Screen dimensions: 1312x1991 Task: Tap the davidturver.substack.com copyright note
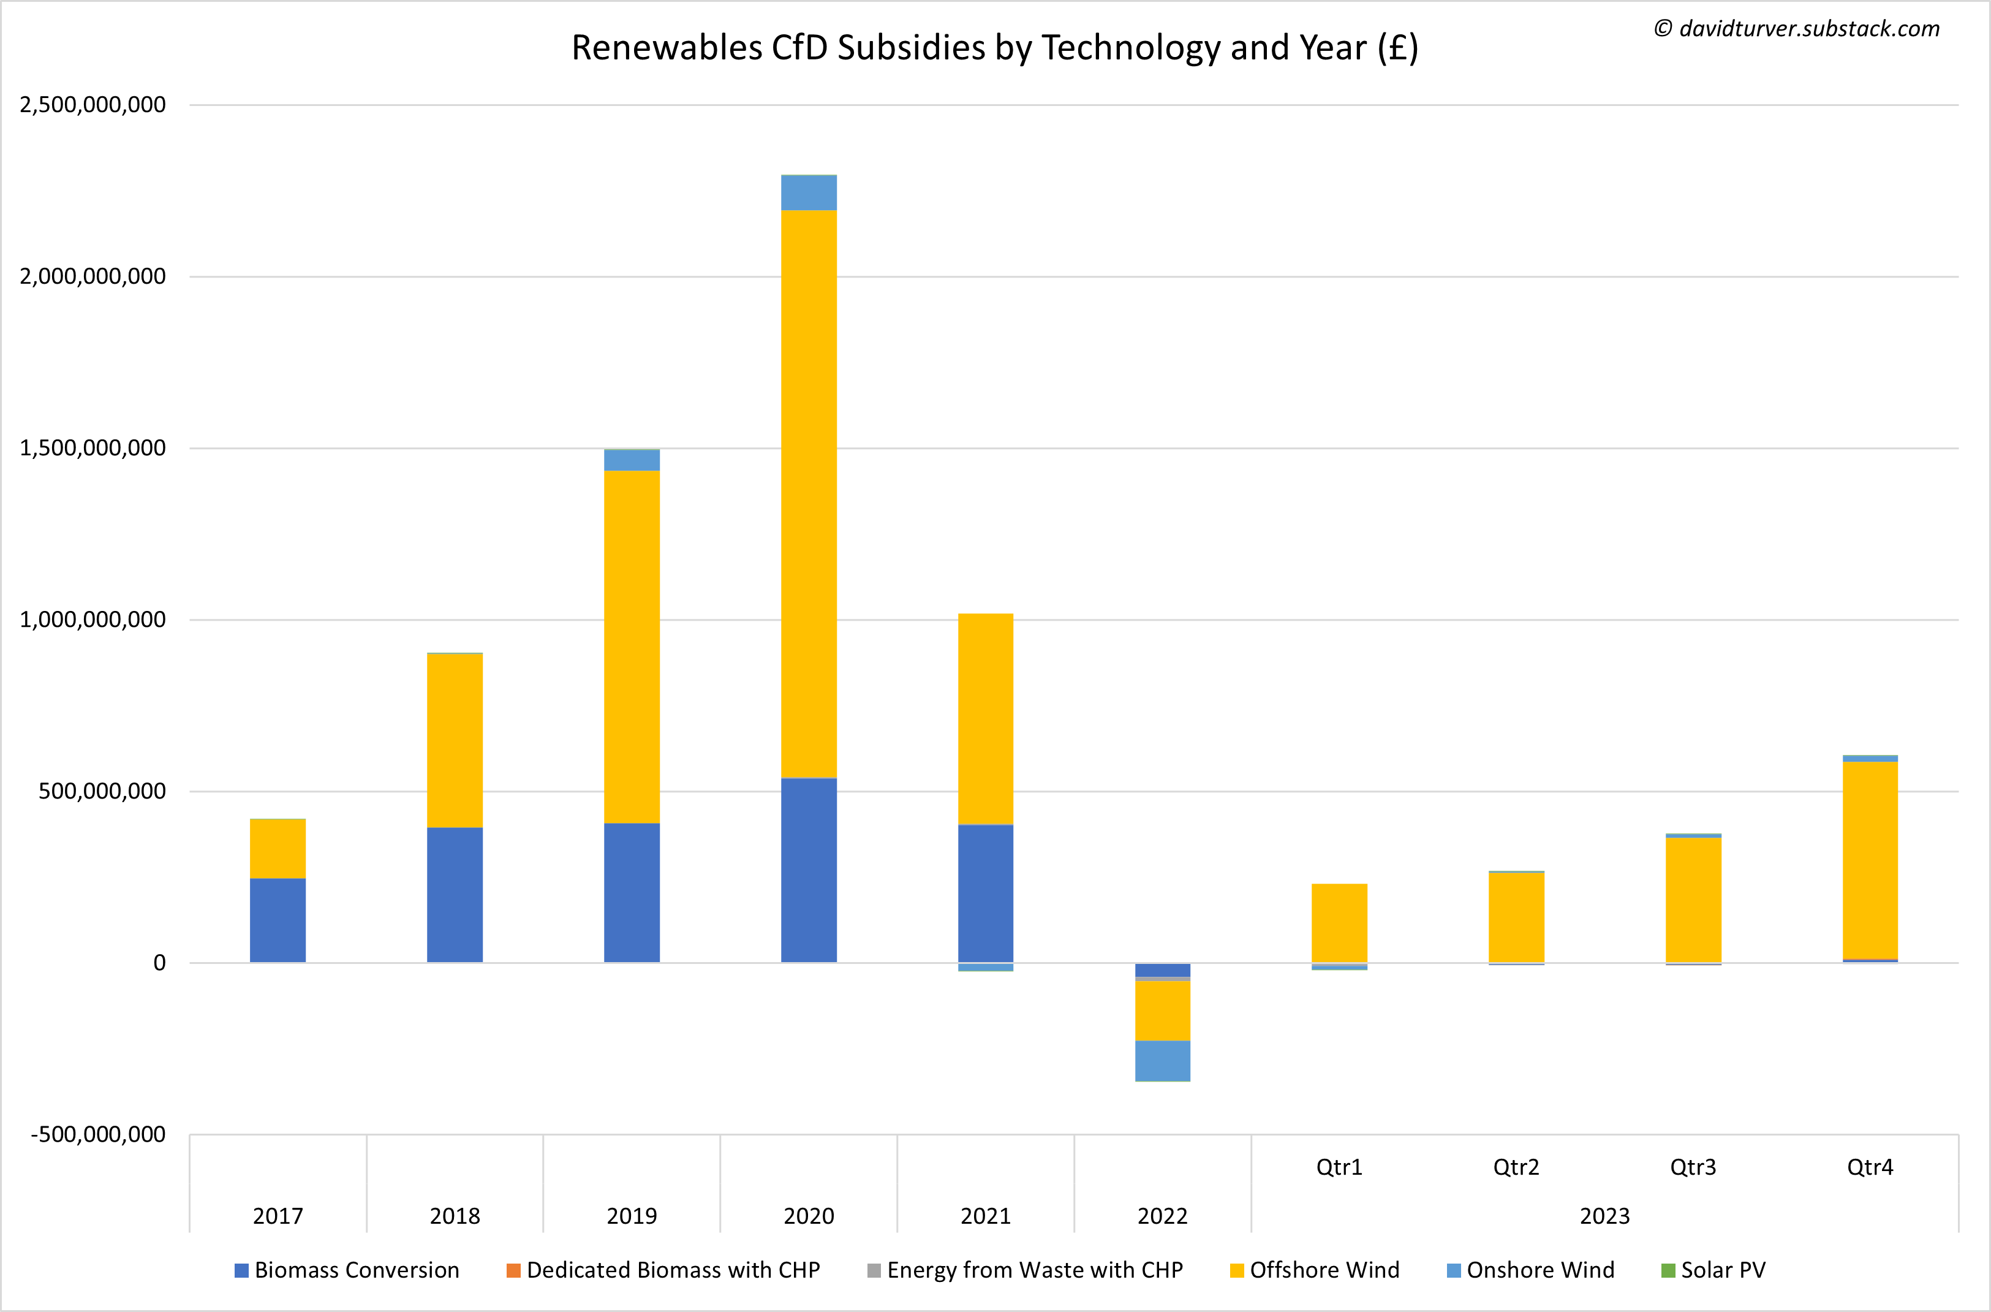pyautogui.click(x=1796, y=29)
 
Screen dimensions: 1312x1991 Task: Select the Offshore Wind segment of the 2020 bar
pyautogui.click(x=808, y=494)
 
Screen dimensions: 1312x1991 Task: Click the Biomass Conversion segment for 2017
pyautogui.click(x=278, y=920)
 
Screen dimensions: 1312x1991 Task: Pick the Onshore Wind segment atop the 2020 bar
pyautogui.click(x=808, y=193)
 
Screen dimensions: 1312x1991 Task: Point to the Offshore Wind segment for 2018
pyautogui.click(x=454, y=740)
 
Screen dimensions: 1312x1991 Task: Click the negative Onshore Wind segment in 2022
pyautogui.click(x=1162, y=1060)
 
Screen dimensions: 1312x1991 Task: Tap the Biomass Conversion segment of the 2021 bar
pyautogui.click(x=986, y=893)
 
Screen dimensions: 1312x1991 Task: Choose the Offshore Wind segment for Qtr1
pyautogui.click(x=1339, y=923)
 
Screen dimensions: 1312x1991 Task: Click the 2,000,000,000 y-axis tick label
pyautogui.click(x=93, y=277)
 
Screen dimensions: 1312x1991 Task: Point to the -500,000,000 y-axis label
pyautogui.click(x=99, y=1135)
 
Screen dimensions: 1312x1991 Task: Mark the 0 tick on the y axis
pyautogui.click(x=159, y=963)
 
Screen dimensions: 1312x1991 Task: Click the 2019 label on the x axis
pyautogui.click(x=632, y=1216)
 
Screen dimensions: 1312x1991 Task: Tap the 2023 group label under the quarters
pyautogui.click(x=1604, y=1216)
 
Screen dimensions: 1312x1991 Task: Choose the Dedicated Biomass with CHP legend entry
pyautogui.click(x=663, y=1270)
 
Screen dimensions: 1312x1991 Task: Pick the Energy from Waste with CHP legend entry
pyautogui.click(x=1025, y=1270)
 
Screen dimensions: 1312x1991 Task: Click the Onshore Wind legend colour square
pyautogui.click(x=1453, y=1271)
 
